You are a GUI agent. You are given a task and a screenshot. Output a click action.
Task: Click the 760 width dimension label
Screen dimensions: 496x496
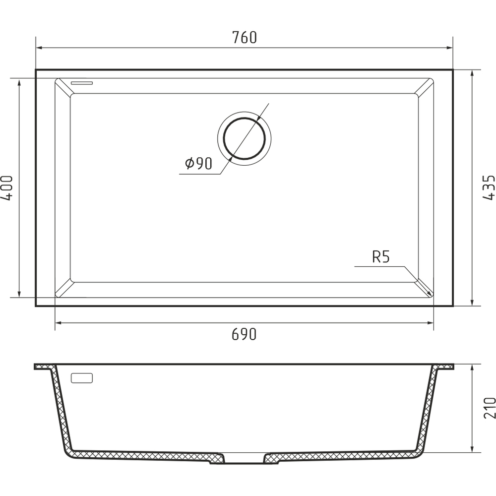(x=244, y=37)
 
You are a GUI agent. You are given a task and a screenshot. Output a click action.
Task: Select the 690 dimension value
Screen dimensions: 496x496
(x=244, y=334)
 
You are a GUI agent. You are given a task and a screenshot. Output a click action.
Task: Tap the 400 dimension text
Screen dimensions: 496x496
(x=7, y=188)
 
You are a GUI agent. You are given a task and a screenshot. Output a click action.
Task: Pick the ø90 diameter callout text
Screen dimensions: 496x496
(x=198, y=163)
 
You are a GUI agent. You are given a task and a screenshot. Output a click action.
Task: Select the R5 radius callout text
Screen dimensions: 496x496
(x=381, y=257)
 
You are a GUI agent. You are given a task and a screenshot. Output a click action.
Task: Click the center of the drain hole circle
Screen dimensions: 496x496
(x=244, y=138)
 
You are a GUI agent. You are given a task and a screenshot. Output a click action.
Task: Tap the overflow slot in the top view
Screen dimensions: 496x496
(x=82, y=83)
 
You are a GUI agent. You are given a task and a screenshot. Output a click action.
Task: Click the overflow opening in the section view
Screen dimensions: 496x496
(x=82, y=378)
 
